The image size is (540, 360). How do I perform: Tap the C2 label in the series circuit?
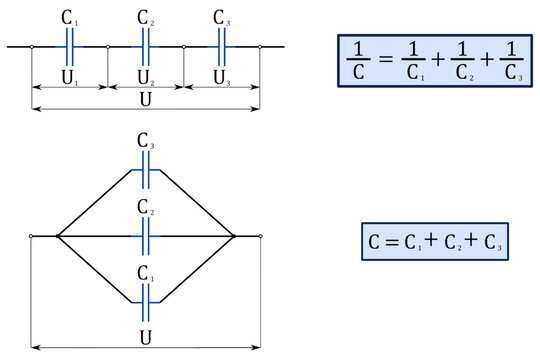click(146, 19)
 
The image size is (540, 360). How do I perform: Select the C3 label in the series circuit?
click(222, 19)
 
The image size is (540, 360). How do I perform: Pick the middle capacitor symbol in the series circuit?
click(146, 46)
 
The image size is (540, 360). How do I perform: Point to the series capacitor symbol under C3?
click(222, 46)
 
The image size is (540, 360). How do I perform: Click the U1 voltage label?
click(70, 76)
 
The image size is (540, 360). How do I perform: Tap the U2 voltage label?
click(146, 76)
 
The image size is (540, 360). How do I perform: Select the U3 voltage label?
click(222, 76)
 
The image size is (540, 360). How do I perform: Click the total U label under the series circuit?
click(146, 102)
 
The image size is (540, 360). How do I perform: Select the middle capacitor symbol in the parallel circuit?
click(146, 237)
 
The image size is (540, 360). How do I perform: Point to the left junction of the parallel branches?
click(58, 237)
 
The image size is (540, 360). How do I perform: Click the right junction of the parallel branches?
click(234, 237)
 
